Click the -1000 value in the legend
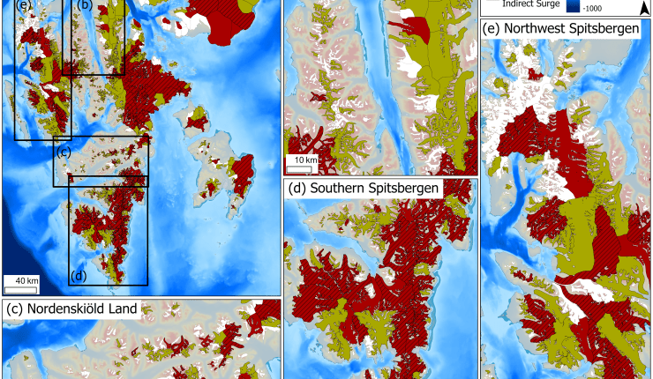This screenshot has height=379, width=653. [x=601, y=7]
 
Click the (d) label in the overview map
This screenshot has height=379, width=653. [x=79, y=275]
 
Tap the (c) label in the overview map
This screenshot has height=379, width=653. [x=63, y=151]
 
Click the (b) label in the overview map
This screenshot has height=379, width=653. [x=86, y=4]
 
